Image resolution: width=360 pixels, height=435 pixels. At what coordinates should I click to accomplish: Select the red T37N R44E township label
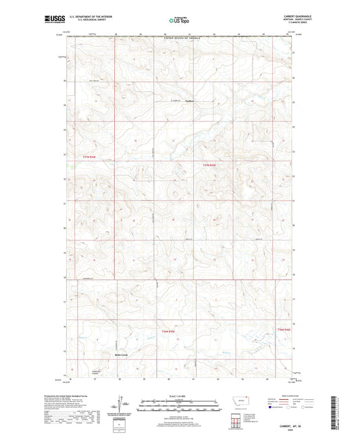pos(88,157)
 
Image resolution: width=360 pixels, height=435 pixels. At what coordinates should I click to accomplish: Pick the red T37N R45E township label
pos(211,165)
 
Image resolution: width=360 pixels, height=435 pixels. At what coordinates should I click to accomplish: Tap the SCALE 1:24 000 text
pos(178,395)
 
